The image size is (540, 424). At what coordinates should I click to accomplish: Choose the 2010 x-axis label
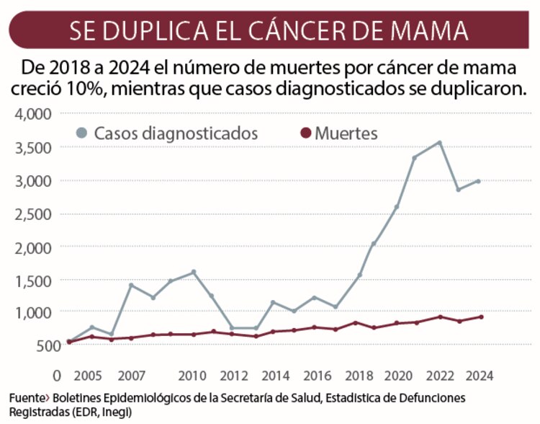192,376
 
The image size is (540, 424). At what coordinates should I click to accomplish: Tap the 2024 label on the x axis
478,376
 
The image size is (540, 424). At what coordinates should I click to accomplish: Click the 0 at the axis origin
57,376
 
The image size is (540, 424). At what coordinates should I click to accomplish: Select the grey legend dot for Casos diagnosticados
82,133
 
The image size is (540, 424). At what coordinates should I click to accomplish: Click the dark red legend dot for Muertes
305,133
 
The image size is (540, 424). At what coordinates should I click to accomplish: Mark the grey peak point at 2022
439,143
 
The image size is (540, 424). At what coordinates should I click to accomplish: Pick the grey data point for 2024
478,181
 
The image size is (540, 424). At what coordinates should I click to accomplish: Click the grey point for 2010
193,272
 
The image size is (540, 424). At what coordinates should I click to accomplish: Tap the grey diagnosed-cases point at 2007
131,285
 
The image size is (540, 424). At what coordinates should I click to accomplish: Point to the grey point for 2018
359,275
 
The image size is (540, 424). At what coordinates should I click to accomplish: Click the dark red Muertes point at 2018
356,322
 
